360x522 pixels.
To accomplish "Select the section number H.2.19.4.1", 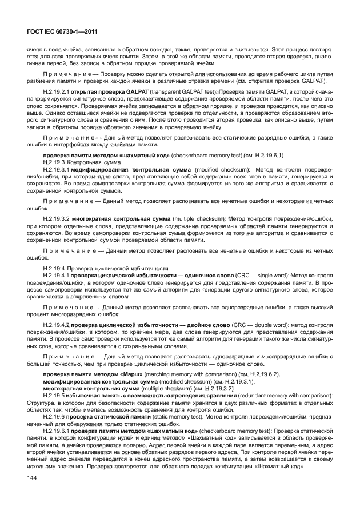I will point(56,274).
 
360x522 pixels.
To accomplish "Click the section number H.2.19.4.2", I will point(56,325).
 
